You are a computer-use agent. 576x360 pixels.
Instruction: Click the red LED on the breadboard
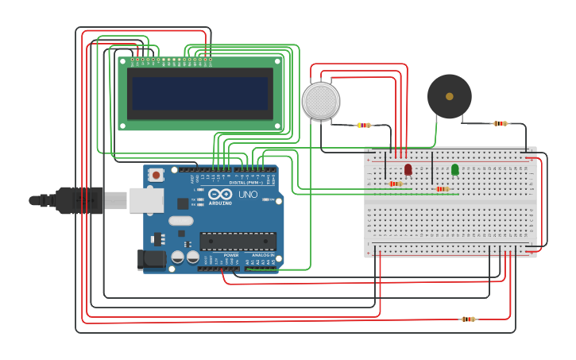[408, 169]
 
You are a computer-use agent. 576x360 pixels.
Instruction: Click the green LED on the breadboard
[454, 169]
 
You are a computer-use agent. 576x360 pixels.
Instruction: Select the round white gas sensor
[321, 101]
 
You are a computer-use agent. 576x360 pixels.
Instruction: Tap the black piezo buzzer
[449, 97]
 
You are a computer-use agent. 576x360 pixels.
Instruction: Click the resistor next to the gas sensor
[364, 125]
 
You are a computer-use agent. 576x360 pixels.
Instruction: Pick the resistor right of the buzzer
[500, 123]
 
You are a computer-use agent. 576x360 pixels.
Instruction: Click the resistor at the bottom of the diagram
[468, 319]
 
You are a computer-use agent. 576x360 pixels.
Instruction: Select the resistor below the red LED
[396, 184]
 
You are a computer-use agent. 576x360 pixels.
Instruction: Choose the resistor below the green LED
[442, 189]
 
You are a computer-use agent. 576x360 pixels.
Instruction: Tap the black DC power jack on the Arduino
[152, 259]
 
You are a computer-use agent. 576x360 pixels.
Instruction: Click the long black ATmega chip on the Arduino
[238, 241]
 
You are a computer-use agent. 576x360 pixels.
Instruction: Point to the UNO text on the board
[248, 194]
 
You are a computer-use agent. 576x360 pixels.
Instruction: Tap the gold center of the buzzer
[450, 96]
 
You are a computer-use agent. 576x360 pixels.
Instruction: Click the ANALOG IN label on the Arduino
[261, 255]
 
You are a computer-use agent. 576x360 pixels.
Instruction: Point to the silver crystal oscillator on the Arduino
[180, 221]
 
